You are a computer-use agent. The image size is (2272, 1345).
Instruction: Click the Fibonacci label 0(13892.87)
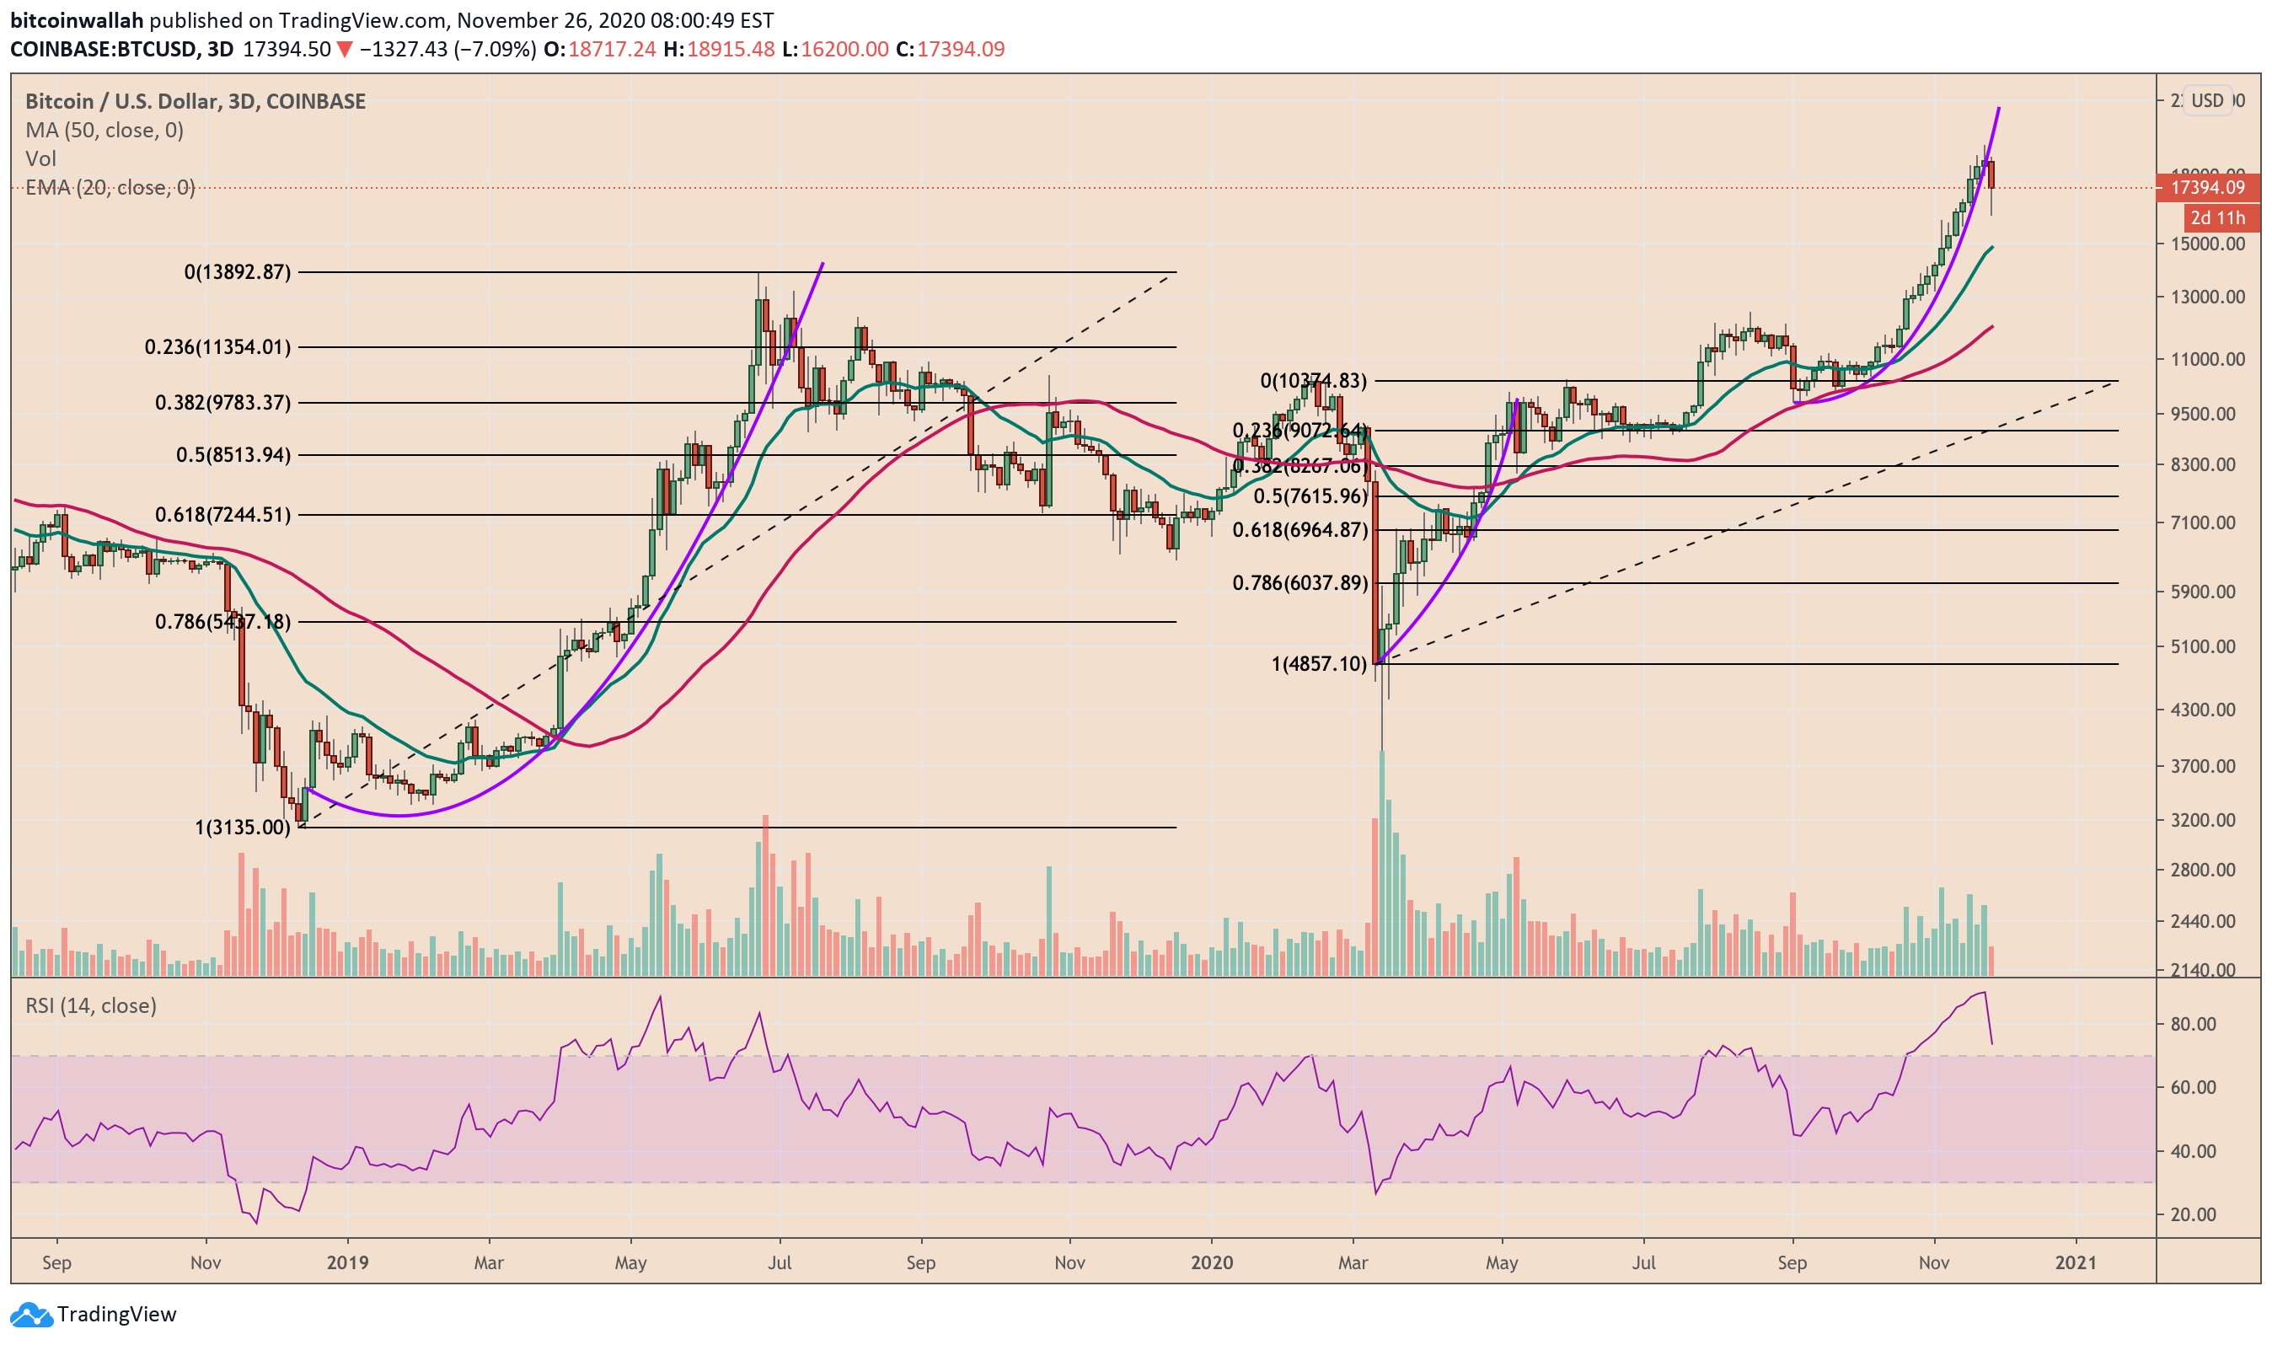point(238,272)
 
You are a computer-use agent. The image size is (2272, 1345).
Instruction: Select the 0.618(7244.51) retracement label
point(223,515)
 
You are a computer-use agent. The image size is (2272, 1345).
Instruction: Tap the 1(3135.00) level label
point(243,827)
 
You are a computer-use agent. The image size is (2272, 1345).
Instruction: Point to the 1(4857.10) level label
point(1319,663)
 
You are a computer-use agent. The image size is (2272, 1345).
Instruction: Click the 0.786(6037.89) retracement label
point(1299,583)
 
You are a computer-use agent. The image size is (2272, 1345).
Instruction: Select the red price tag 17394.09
point(2208,188)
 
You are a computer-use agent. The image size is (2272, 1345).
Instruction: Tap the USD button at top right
point(2207,100)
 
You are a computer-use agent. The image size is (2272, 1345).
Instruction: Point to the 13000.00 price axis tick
point(2208,297)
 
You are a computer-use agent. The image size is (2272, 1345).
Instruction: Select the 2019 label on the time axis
point(347,1262)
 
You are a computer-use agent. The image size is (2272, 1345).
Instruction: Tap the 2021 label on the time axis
point(2076,1262)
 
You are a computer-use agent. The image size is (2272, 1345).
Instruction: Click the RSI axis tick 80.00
point(2193,1024)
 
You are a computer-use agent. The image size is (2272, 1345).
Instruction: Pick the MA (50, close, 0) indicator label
point(104,131)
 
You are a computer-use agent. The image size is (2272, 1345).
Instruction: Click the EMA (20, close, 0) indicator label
point(110,188)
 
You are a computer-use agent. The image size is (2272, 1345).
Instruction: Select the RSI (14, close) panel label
point(91,1005)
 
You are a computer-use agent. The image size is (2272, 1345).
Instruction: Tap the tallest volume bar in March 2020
point(1382,861)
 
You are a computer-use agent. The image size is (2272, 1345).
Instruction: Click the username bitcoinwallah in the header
point(77,20)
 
